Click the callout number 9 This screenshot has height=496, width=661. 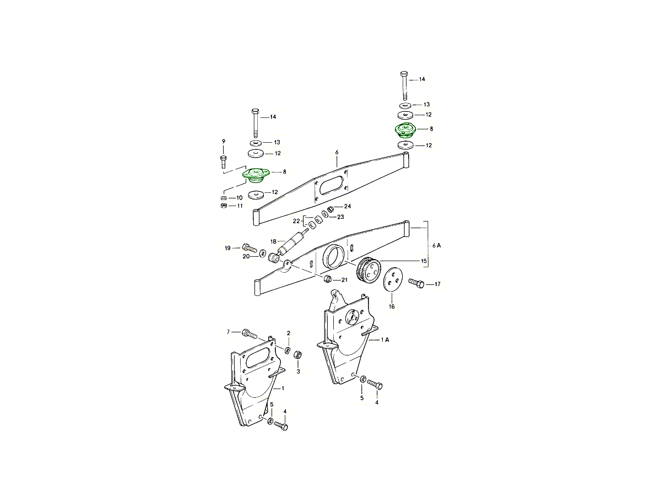coord(224,142)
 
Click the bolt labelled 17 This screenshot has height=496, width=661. coord(417,284)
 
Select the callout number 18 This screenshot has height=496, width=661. coord(273,241)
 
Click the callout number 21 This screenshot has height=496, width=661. coord(344,280)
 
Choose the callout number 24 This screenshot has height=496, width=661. coord(348,206)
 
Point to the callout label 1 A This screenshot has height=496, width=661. coord(384,340)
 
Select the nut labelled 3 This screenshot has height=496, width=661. coord(297,354)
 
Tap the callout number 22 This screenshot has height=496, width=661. coord(296,221)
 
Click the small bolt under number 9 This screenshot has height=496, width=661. coord(224,162)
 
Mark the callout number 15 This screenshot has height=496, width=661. coord(424,260)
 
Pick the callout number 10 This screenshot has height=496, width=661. coord(239,197)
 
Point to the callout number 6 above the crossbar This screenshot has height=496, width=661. coord(337,152)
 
